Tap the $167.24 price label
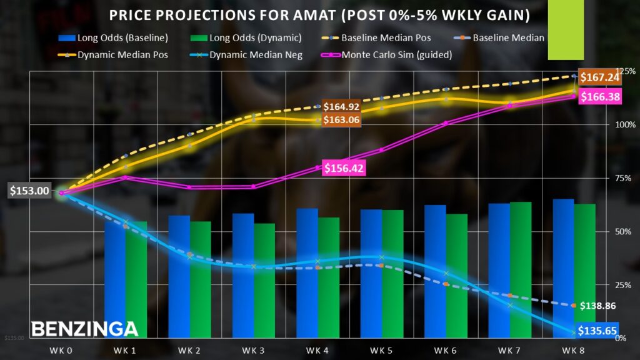click(x=599, y=77)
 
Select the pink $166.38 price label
click(x=599, y=97)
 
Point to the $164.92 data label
click(x=341, y=106)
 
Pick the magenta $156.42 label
click(x=344, y=167)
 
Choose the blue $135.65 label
click(x=598, y=331)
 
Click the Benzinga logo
click(x=84, y=329)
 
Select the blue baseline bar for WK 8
click(x=563, y=269)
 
